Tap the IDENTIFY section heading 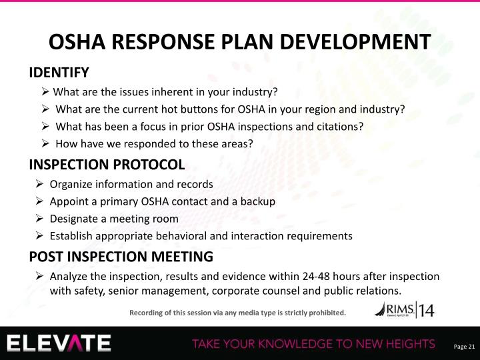59,72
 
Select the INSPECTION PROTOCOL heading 106,164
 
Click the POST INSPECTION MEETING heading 121,257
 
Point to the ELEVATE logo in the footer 59,343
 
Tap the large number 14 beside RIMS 425,310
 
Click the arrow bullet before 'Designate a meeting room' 40,219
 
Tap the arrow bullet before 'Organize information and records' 40,184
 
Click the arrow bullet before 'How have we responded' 45,144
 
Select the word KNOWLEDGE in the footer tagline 293,344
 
